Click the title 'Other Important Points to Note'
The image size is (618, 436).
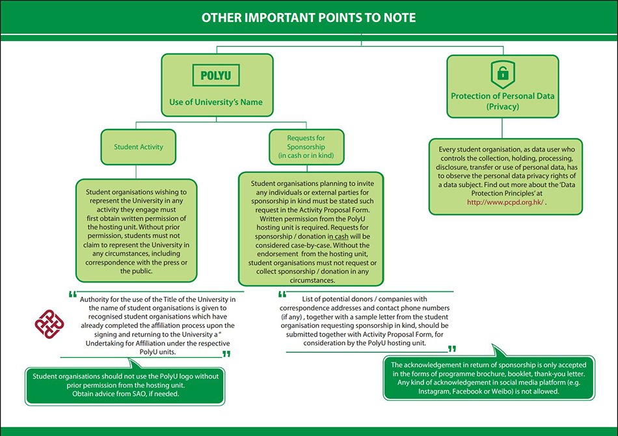[x=308, y=18]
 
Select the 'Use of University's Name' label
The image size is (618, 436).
[x=216, y=102]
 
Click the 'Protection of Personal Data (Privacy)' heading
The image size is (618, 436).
[x=502, y=101]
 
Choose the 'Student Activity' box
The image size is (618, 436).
[x=139, y=147]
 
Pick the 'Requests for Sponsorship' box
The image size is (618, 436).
[x=306, y=147]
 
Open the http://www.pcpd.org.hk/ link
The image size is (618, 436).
[x=505, y=202]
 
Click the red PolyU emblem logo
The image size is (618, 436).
[x=50, y=323]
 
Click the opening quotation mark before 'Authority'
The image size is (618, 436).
[x=73, y=294]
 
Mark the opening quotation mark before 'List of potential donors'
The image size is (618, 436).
[x=282, y=294]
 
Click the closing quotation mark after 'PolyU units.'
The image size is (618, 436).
[x=226, y=354]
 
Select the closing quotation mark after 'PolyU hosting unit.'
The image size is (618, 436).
[x=452, y=349]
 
